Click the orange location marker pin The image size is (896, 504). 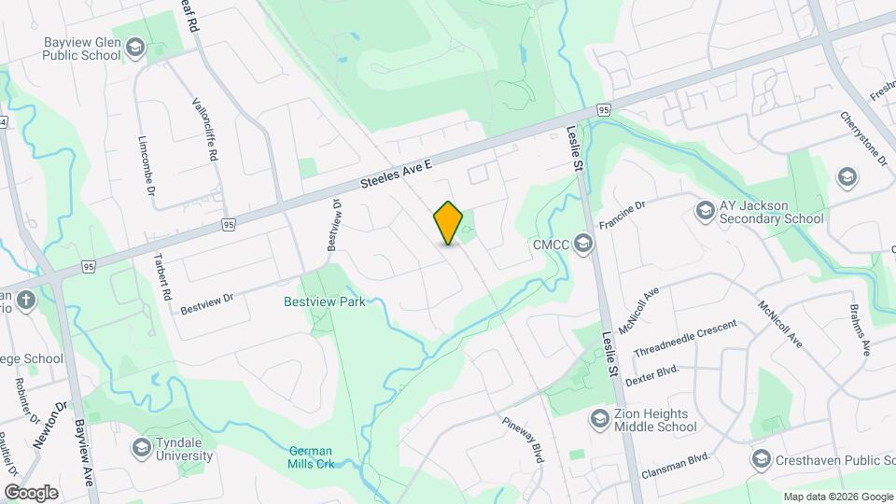click(x=448, y=223)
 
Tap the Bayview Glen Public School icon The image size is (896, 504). click(x=135, y=48)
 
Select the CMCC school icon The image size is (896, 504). click(x=583, y=245)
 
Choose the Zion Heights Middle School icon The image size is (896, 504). click(x=600, y=420)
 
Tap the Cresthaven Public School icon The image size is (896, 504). click(x=763, y=458)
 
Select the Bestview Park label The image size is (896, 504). click(x=324, y=301)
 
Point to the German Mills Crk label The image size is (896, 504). click(x=311, y=456)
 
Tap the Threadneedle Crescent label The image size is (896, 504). click(x=684, y=339)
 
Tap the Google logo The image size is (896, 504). click(x=31, y=492)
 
